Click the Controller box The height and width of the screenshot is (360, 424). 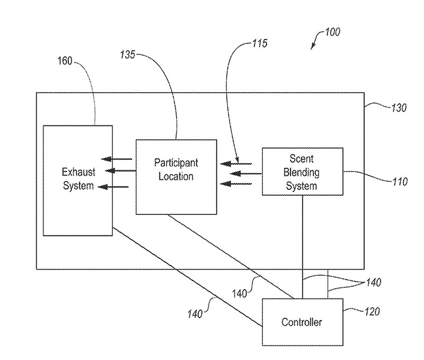[302, 321]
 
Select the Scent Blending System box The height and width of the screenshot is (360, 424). [302, 172]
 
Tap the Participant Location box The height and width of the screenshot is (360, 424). [176, 176]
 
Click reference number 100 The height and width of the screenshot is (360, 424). [332, 32]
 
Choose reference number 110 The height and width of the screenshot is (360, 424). [397, 182]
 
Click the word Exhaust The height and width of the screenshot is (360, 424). [78, 172]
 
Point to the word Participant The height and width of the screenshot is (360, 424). [176, 162]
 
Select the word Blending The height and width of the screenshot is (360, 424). [302, 172]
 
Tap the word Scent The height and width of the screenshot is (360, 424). [302, 159]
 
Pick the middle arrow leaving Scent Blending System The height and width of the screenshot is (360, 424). [241, 173]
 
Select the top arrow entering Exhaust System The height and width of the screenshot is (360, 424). [117, 159]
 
